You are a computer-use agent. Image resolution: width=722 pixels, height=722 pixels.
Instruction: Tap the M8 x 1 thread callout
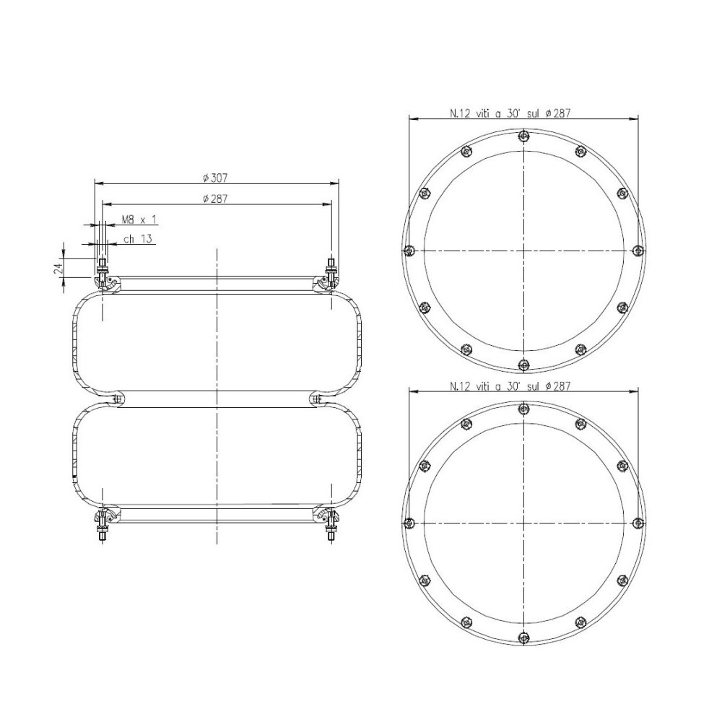click(x=139, y=219)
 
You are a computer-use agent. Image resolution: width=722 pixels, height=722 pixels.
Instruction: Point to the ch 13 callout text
click(x=137, y=238)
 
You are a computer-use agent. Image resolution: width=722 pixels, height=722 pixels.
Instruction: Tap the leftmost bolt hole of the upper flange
click(x=409, y=251)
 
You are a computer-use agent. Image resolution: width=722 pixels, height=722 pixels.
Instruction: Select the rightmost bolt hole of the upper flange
click(x=638, y=251)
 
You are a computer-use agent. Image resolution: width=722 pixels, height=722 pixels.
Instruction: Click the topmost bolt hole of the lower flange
click(x=523, y=409)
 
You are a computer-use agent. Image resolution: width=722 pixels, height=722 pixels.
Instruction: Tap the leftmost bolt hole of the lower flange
click(x=409, y=523)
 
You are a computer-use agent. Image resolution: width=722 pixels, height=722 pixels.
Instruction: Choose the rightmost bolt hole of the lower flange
click(x=638, y=523)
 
